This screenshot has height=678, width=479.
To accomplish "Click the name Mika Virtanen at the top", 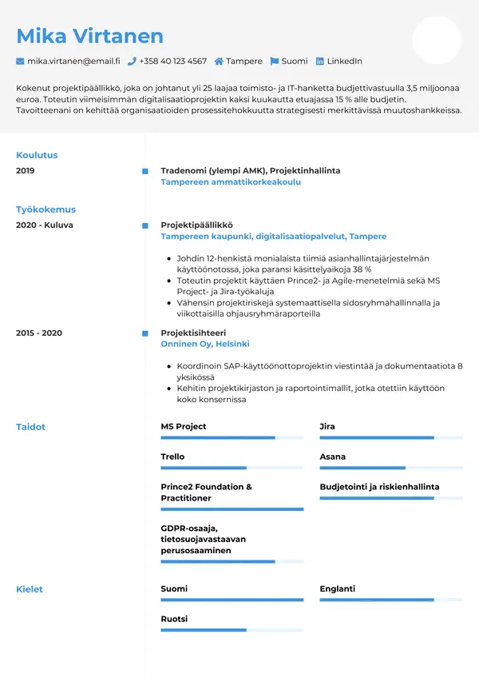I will click(x=89, y=35).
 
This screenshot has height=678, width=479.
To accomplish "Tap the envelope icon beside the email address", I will click(x=20, y=61).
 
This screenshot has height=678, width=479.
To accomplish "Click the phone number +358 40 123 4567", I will click(x=172, y=61).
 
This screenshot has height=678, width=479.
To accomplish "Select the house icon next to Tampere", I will click(x=219, y=61).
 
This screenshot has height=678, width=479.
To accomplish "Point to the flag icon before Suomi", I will click(x=275, y=61).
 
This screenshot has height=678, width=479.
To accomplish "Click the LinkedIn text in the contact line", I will click(x=344, y=61).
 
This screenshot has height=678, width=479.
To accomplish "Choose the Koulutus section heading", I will click(x=37, y=155).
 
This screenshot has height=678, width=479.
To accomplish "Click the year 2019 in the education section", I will click(x=26, y=170).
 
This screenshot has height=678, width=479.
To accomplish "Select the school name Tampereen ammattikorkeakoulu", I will click(x=231, y=182).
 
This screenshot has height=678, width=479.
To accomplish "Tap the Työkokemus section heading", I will click(x=46, y=209).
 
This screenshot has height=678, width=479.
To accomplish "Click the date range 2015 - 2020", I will click(x=39, y=333).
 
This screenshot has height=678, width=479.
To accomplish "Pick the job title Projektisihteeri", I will click(x=193, y=333).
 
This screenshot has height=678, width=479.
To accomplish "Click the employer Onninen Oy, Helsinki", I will click(x=205, y=344).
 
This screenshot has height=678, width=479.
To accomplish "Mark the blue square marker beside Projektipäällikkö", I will click(x=144, y=225).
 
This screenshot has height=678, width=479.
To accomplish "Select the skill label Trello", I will click(x=172, y=457).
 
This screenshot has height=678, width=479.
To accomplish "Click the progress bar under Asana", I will click(x=391, y=468).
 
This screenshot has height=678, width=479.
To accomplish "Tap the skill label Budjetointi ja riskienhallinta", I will click(x=379, y=487).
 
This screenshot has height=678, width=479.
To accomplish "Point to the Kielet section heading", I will click(x=30, y=589).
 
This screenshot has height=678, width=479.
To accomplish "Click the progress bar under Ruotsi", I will click(x=232, y=630).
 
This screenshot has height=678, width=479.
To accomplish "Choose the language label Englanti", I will click(x=337, y=588).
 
